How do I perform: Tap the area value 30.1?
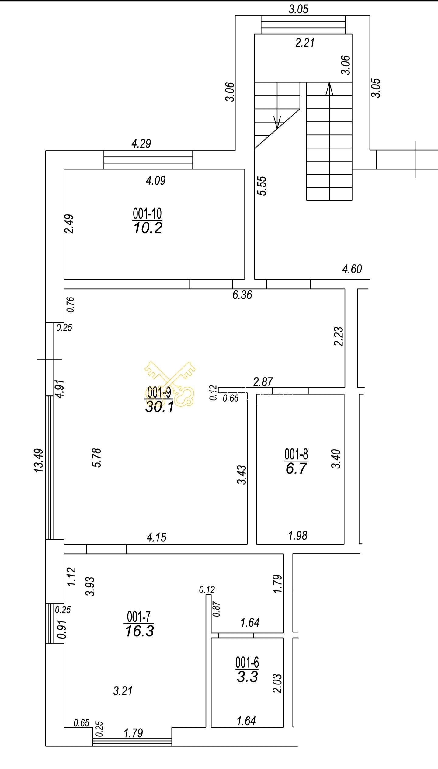[x=159, y=407]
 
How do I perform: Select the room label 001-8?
[x=296, y=454]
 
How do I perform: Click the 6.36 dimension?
[x=242, y=295]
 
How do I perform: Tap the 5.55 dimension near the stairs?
[x=262, y=186]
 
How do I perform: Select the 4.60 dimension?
[x=352, y=269]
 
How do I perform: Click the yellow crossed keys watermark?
[x=170, y=384]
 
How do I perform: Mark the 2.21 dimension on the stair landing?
[x=305, y=42]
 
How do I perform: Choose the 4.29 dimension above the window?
[x=141, y=143]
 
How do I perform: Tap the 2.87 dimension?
[x=263, y=381]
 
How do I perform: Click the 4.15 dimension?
[x=157, y=537]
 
